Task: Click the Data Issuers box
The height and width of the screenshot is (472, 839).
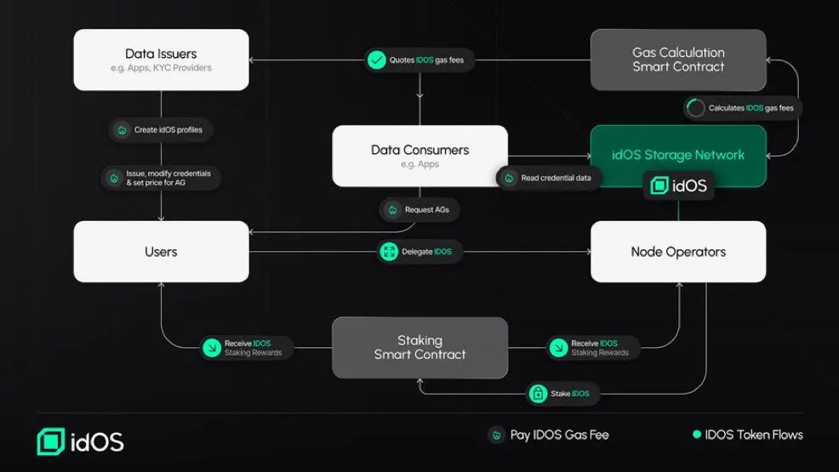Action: pos(161,60)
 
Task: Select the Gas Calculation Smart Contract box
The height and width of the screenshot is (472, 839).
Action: pos(678,60)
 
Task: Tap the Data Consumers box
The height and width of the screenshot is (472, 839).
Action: pos(419,156)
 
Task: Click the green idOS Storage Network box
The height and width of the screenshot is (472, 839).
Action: pos(678,155)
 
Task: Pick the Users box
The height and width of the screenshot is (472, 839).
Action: pos(161,252)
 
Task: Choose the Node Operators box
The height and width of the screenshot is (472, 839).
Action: pos(678,252)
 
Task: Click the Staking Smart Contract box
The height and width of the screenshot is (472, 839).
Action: pos(419,347)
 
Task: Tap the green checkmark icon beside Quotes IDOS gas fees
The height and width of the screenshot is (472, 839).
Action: pos(376,60)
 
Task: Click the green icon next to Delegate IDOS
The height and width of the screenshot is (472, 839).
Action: pos(389,252)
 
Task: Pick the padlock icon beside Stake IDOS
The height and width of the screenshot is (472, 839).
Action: pos(538,393)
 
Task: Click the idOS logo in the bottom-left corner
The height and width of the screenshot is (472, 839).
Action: pos(80,441)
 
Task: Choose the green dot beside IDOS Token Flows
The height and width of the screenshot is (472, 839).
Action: pos(697,435)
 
